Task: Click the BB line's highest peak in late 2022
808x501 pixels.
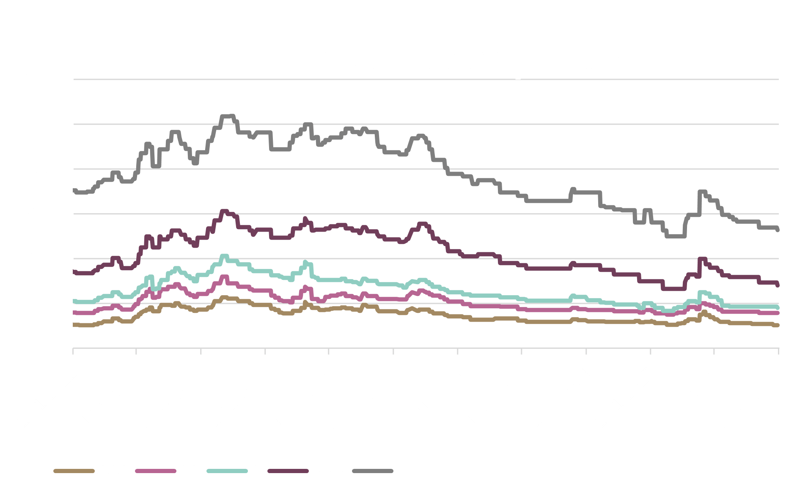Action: (x=228, y=116)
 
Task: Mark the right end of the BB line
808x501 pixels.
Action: (x=778, y=230)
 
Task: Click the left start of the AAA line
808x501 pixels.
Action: (x=74, y=325)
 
